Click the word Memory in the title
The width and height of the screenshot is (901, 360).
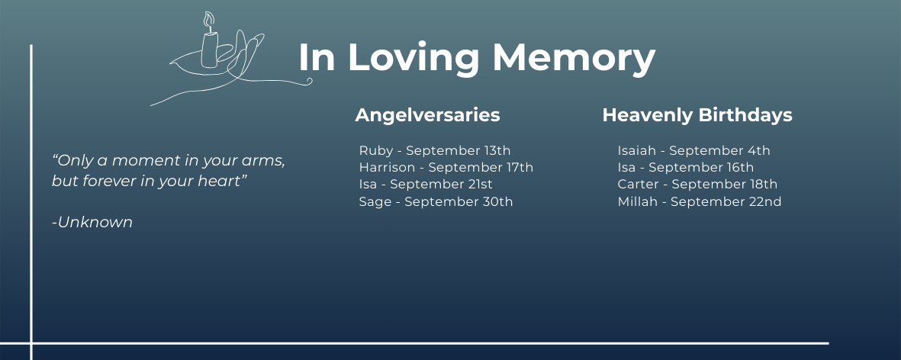574,59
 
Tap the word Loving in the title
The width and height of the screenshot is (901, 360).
413,59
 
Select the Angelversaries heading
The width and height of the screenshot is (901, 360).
427,115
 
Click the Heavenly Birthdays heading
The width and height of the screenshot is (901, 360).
697,115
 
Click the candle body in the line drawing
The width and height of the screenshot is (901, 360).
209,50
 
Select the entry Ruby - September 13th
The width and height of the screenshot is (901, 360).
434,151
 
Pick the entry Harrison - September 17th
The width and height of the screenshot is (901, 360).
446,168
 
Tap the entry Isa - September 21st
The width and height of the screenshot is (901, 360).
426,185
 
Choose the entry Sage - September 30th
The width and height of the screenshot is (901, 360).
436,202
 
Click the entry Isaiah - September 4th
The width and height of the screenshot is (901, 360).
693,151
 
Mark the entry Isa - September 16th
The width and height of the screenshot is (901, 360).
686,168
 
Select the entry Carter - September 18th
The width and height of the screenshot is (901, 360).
697,185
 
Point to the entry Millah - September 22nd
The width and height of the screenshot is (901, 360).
700,202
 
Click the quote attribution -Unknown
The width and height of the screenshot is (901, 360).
92,222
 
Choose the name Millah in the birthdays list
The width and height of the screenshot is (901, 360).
637,202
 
